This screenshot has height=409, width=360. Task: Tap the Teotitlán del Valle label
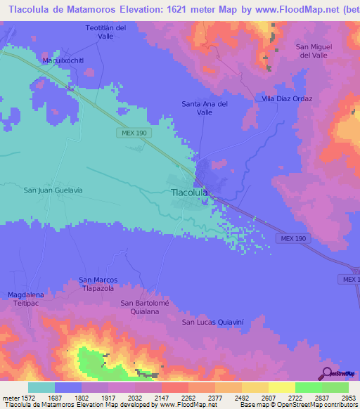point(105,32)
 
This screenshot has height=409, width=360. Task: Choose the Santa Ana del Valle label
point(205,108)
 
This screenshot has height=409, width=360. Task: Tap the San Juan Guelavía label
point(53,190)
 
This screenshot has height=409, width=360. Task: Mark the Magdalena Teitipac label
point(25,299)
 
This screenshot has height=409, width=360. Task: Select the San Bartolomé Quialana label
point(146,307)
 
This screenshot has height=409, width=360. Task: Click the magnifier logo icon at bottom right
point(326,373)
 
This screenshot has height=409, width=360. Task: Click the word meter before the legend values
point(9,397)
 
